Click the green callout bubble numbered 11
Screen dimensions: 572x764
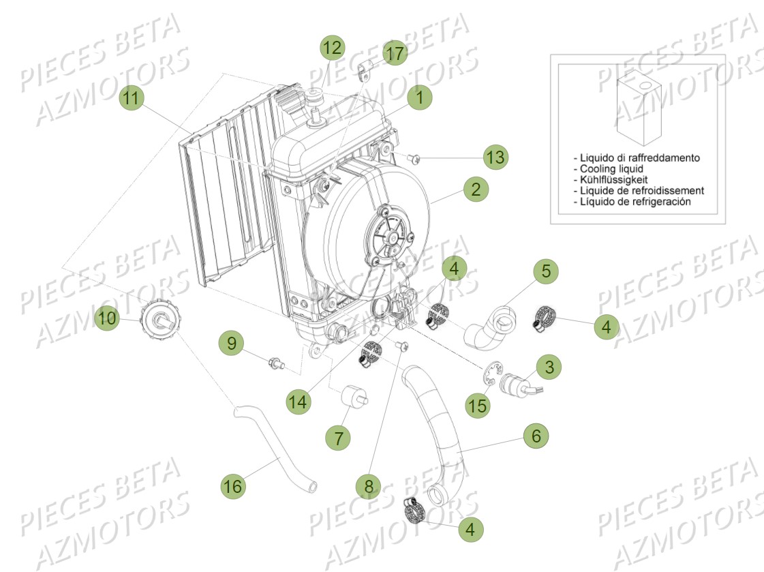coord(132,98)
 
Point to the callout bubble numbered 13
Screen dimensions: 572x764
coord(496,157)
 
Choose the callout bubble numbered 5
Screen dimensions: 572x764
coord(545,271)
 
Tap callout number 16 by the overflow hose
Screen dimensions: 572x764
coord(233,486)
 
